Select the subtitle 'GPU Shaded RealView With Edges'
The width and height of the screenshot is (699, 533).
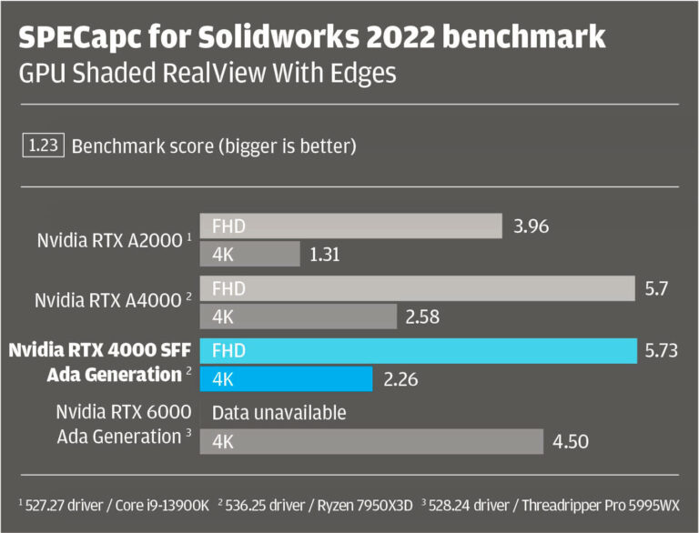tap(208, 73)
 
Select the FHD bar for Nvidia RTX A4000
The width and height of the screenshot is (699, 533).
tap(420, 288)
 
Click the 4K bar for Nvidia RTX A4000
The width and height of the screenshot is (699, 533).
tap(300, 317)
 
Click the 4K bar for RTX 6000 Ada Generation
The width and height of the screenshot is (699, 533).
tap(374, 442)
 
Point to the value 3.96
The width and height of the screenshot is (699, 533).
tap(532, 226)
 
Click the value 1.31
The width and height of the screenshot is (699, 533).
tap(324, 256)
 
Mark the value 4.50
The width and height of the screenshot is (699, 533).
tap(571, 442)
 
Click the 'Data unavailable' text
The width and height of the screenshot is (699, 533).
tap(279, 413)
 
